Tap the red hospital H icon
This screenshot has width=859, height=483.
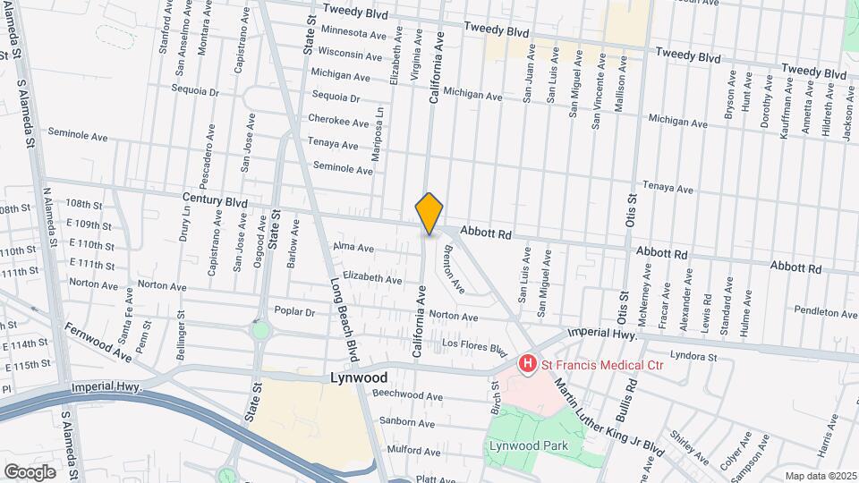[x=528, y=363]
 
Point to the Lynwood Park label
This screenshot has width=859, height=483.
[x=523, y=445]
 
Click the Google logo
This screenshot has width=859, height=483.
[x=30, y=471]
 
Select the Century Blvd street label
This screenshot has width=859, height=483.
[x=214, y=203]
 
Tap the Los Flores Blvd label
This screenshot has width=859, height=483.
[x=468, y=345]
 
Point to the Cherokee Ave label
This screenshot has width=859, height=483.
[x=338, y=123]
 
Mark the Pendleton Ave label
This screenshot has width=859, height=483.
[x=825, y=312]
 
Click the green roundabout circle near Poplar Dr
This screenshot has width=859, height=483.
[x=260, y=330]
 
